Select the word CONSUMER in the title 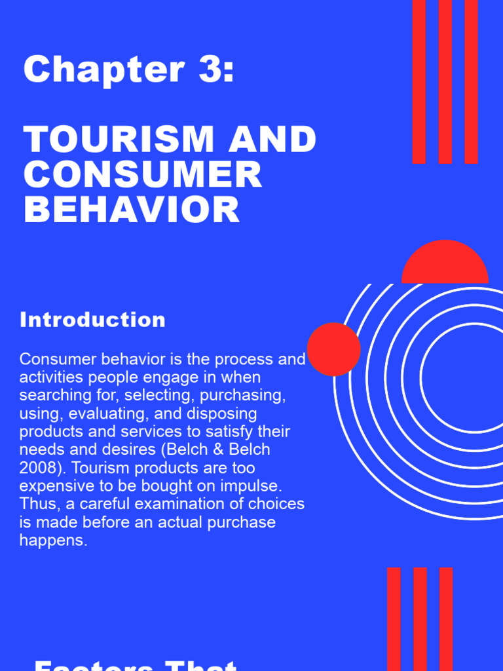coord(143,175)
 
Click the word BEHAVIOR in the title coord(132,210)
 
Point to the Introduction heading coord(92,320)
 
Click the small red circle coord(333,349)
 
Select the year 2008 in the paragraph coord(38,469)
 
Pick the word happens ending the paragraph coord(52,541)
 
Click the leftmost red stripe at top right coord(419,82)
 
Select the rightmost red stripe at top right coord(471,82)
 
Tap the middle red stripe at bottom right coord(420,619)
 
